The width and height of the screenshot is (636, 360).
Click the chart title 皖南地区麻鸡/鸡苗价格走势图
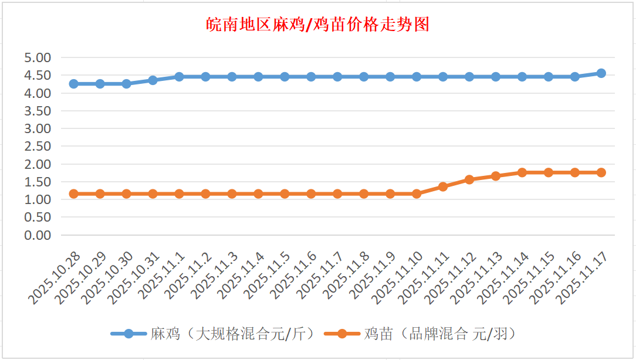pos(318,25)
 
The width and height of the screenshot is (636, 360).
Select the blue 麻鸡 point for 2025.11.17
pos(601,73)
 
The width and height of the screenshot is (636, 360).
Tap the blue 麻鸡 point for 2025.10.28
pos(74,84)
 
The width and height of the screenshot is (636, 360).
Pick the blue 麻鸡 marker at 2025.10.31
pos(153,80)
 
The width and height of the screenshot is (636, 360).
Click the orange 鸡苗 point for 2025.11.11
pos(443,186)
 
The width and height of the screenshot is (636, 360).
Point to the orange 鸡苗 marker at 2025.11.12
pos(469,179)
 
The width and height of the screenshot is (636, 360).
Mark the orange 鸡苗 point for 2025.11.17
pos(601,172)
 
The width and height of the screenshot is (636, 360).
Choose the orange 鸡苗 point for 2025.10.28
pos(74,193)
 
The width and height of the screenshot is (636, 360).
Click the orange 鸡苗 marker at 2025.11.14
pos(522,172)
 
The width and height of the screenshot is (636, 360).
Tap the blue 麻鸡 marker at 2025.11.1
pos(179,77)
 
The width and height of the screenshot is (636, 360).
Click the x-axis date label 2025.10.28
pos(54,279)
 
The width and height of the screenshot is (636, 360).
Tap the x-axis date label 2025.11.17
pos(581,279)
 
